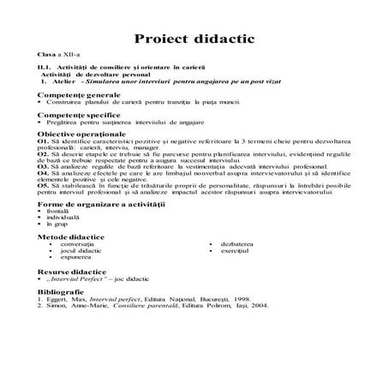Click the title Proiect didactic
click(x=193, y=39)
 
